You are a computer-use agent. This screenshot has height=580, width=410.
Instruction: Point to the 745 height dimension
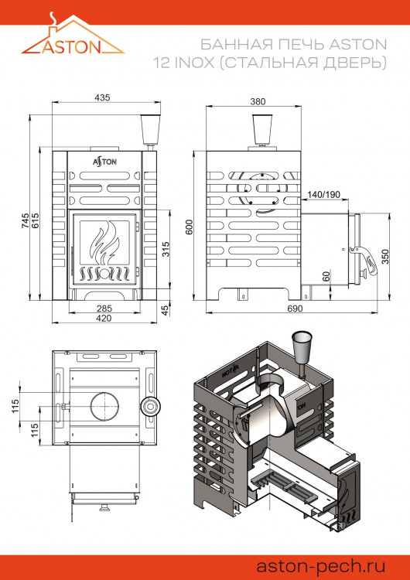(x=24, y=220)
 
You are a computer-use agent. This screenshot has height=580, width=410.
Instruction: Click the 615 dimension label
(x=36, y=220)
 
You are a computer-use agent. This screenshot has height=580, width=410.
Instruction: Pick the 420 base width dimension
(x=102, y=319)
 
